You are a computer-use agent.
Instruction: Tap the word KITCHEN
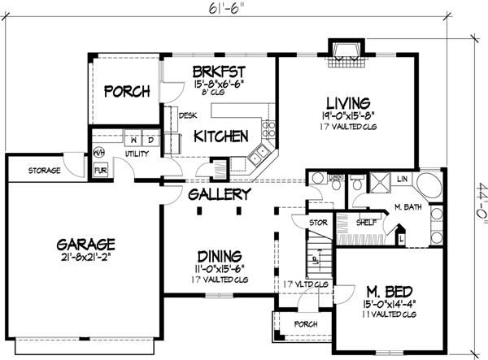tap(220, 137)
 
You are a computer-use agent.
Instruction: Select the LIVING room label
tap(349, 103)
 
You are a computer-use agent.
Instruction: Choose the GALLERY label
tap(219, 196)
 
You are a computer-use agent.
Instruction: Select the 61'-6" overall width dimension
tap(231, 9)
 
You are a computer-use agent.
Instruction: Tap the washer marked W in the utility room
tap(133, 138)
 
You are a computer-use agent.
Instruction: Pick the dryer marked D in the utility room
tap(150, 138)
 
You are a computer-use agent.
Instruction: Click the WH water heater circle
tap(99, 151)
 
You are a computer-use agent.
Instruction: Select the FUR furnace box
tap(101, 171)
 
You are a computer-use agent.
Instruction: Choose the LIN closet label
tap(402, 177)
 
